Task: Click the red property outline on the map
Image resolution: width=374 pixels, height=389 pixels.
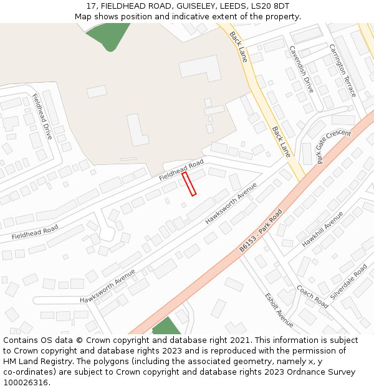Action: point(189,184)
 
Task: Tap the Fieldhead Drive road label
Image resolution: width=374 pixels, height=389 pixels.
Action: point(42,116)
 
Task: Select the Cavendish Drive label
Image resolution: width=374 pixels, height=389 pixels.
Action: point(300,69)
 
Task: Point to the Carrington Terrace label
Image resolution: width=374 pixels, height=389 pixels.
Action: point(342,70)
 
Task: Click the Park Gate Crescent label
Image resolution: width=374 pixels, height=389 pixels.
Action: point(334,147)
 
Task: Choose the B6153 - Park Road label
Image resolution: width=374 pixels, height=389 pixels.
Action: point(261,230)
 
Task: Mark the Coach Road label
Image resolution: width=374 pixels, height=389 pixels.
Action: point(312,297)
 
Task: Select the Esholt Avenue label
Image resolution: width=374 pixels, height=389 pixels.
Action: point(279,309)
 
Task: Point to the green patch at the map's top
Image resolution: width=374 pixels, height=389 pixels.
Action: point(108,35)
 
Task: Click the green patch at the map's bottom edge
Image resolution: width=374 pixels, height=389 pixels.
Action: point(166,327)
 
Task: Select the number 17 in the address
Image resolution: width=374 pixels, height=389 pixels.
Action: point(91,6)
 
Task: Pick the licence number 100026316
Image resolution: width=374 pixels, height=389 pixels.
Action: point(26,383)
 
